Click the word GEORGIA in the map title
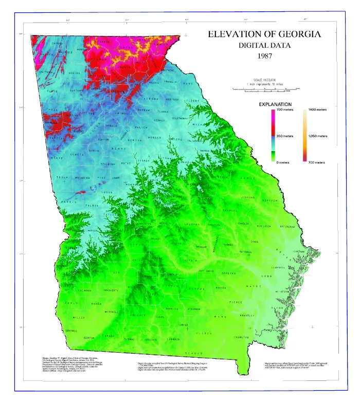click(293, 34)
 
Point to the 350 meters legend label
click(284, 136)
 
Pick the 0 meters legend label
click(282, 162)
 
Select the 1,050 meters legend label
click(318, 136)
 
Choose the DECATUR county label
click(89, 337)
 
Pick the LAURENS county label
click(191, 225)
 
